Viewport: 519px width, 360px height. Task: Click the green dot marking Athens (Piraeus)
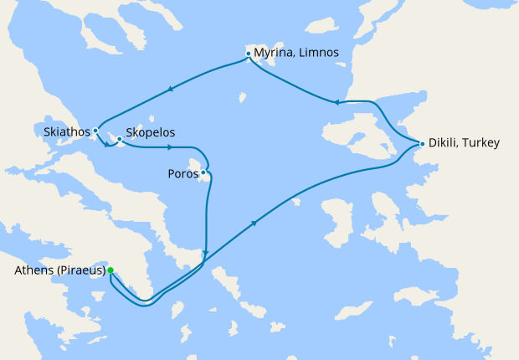110,270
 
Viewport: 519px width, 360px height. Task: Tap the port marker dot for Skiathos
96,131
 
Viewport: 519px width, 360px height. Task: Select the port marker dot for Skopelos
120,139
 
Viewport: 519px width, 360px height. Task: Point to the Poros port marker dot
203,172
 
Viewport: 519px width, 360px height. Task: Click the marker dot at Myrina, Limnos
249,54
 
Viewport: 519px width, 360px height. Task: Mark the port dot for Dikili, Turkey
422,144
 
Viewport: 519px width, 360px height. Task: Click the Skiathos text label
66,131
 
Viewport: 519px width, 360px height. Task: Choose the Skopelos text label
150,132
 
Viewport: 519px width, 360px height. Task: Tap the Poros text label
182,175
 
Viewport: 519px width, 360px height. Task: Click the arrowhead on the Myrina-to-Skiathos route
171,88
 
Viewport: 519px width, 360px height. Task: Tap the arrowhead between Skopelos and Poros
170,148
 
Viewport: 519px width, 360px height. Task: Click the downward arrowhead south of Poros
205,250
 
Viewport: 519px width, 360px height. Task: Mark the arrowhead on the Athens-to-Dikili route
254,224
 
